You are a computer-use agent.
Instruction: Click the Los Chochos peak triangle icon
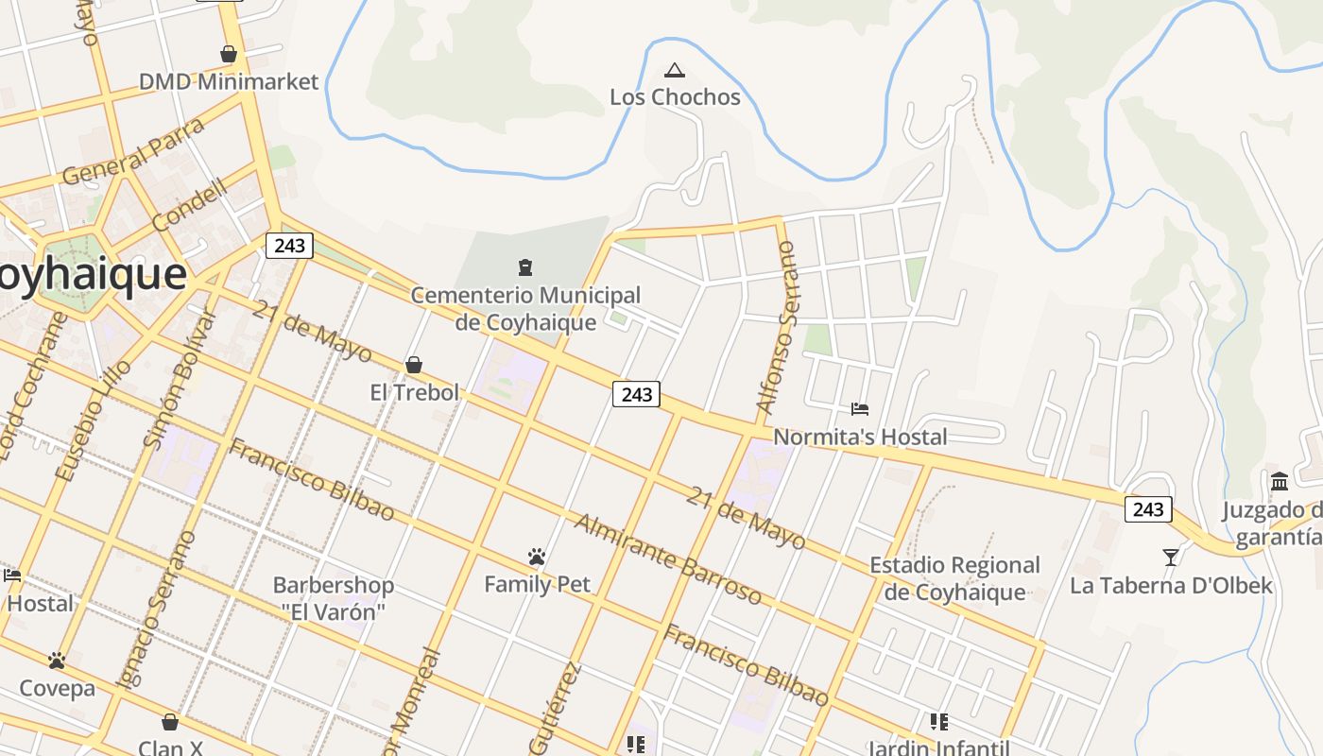point(674,70)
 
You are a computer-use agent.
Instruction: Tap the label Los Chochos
point(675,96)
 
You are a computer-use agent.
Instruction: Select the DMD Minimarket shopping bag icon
point(228,54)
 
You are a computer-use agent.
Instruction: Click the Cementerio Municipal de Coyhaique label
point(525,309)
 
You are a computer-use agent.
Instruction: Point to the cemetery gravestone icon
point(525,267)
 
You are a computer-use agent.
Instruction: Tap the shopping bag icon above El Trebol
point(413,365)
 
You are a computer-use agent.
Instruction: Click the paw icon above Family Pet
point(537,557)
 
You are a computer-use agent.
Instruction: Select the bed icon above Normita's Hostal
point(860,409)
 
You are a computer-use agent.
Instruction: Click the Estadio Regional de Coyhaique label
point(954,578)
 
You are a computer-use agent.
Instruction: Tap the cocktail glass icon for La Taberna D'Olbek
point(1171,557)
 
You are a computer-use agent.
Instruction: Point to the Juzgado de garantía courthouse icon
point(1280,482)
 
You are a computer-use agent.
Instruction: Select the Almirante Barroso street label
point(668,559)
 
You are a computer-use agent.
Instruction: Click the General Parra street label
point(133,151)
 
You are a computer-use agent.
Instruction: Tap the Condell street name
point(190,205)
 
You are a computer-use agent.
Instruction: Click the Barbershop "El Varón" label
point(334,598)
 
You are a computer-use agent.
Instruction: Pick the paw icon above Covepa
point(57,660)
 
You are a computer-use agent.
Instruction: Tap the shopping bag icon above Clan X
point(170,722)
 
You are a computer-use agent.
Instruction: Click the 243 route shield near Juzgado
point(1148,509)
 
